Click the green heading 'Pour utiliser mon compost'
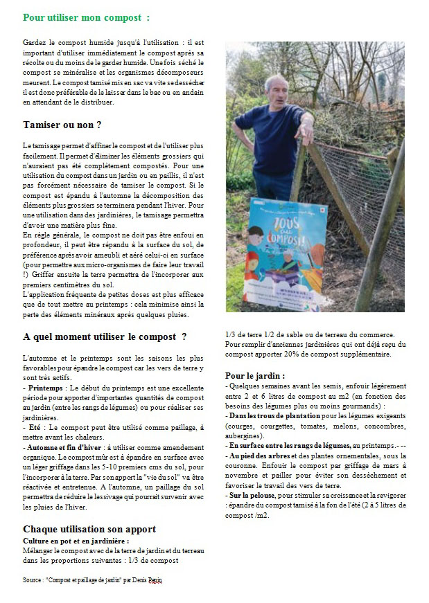coord(85,17)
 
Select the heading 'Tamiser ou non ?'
coord(62,125)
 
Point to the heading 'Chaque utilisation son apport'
coord(89,528)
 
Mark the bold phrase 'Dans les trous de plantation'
coord(273,415)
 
